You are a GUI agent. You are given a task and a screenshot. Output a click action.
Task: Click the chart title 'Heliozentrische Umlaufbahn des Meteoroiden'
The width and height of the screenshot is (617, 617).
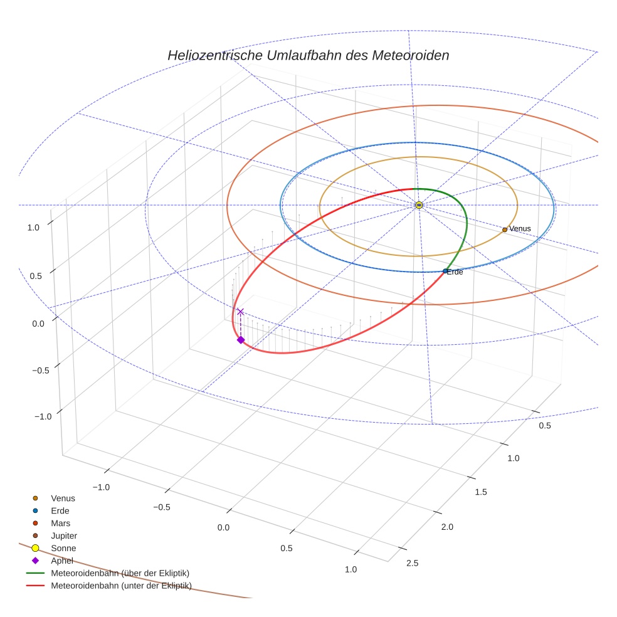(308, 55)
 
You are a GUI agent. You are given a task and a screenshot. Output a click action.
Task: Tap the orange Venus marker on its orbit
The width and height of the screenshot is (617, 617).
(505, 229)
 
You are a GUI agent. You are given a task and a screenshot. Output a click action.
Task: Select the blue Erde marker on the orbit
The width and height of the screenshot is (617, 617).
(445, 271)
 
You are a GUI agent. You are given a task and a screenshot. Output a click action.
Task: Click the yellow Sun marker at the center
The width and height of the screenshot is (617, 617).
(419, 205)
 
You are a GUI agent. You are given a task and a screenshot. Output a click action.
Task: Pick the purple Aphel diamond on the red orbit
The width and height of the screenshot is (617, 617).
(240, 340)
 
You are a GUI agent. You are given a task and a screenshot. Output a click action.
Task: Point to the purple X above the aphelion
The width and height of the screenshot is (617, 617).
(240, 312)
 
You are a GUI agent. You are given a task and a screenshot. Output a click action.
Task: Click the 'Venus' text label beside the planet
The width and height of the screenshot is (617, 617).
(520, 229)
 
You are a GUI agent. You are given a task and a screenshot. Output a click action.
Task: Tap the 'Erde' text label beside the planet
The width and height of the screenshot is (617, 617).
(455, 272)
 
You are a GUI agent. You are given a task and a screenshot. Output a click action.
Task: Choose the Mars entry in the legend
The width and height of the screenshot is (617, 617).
(60, 523)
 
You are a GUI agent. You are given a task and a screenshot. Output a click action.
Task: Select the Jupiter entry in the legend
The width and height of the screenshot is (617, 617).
(64, 535)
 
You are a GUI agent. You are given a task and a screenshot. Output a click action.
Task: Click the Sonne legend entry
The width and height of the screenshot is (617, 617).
(63, 548)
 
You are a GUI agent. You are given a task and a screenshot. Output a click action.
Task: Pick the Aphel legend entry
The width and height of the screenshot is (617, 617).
(62, 561)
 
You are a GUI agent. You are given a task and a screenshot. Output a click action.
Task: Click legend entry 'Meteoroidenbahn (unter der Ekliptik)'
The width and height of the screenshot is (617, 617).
(121, 586)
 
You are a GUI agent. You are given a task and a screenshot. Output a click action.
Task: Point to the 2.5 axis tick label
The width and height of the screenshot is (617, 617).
(413, 562)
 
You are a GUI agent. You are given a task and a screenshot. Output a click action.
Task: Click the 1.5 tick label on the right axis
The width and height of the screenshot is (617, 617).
(482, 492)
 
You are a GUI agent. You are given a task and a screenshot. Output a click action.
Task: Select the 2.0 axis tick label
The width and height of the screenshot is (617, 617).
(447, 527)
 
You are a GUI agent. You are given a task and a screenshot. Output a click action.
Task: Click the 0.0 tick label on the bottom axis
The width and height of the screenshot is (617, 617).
(224, 527)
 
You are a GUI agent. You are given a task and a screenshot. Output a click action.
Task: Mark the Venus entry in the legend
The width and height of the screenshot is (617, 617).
(63, 498)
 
